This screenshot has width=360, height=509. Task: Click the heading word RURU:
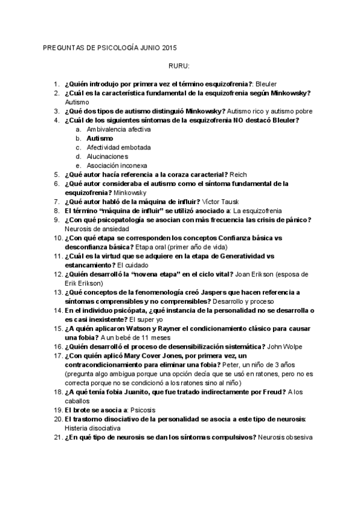click(179, 66)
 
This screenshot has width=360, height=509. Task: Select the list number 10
click(56, 238)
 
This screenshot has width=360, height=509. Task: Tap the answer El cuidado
click(133, 265)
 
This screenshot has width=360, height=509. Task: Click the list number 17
click(56, 355)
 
